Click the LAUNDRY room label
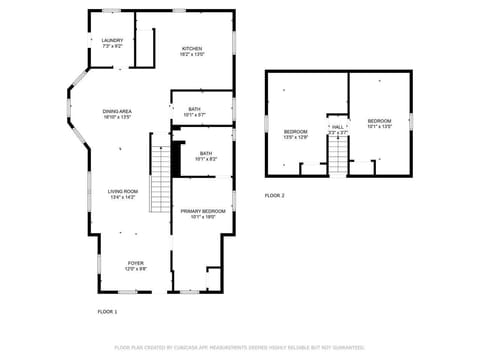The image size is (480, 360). click(x=112, y=41)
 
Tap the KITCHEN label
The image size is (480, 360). click(x=192, y=48)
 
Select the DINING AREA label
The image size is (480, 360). click(x=117, y=111)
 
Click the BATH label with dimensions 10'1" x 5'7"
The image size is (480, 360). click(x=193, y=109)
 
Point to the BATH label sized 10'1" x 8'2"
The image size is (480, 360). click(x=205, y=153)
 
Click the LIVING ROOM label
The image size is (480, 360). click(x=123, y=191)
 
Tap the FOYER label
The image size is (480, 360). click(x=135, y=263)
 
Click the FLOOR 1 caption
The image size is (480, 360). click(x=107, y=312)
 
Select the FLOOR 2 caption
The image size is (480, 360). click(x=275, y=195)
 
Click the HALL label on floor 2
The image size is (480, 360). click(x=338, y=127)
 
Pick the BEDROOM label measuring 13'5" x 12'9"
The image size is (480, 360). click(x=295, y=132)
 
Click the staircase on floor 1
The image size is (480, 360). click(x=160, y=177)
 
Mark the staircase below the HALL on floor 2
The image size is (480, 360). click(x=339, y=155)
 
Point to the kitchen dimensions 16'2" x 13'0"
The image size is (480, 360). click(x=192, y=55)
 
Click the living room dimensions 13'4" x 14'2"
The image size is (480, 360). click(x=123, y=197)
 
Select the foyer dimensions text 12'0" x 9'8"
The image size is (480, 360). click(x=135, y=269)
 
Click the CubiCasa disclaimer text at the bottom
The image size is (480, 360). click(x=239, y=347)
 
